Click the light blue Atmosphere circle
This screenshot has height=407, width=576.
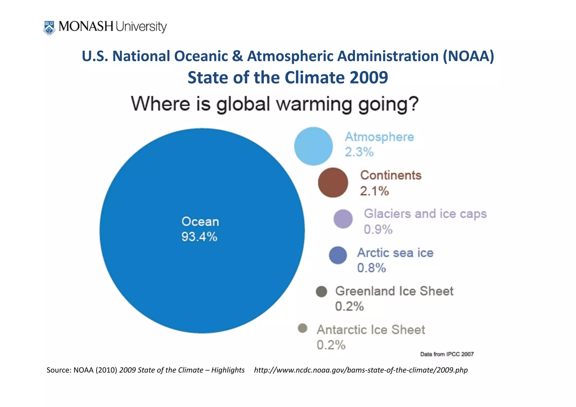[x=313, y=146]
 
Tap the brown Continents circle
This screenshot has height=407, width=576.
[x=333, y=183]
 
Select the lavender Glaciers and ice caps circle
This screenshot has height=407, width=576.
[x=343, y=219]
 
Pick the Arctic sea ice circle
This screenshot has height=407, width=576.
[x=338, y=255]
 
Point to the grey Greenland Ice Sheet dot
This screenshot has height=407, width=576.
[x=321, y=291]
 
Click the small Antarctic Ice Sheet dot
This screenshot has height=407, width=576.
[x=303, y=328]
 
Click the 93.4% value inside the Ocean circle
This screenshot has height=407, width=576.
[x=199, y=237]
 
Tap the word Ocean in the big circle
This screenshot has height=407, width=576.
[x=200, y=222]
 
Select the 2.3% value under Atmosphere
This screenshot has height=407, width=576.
[x=359, y=152]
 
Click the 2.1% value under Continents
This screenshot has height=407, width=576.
[x=374, y=191]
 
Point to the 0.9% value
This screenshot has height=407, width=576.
[x=378, y=229]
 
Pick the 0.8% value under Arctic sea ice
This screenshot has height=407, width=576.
[x=371, y=268]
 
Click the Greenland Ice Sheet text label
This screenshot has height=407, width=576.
[x=394, y=291]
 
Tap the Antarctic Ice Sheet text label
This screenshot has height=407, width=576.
[x=371, y=330]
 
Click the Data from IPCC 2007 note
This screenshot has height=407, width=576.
[x=447, y=354]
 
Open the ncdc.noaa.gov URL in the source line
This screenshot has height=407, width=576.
[x=361, y=370]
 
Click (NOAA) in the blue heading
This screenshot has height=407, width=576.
[x=468, y=56]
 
